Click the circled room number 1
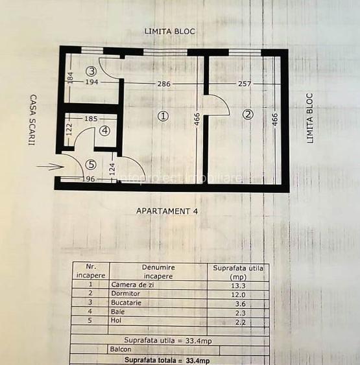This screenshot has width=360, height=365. pos(163,116)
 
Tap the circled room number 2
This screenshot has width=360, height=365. pos(247,115)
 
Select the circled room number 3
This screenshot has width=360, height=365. pos(92,71)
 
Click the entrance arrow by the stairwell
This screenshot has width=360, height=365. pos(50,167)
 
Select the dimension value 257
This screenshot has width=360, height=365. pos(244,84)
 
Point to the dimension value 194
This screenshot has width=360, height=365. pos(91,83)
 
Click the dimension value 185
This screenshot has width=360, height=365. pos(91,119)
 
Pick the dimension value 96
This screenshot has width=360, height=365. pos(86,180)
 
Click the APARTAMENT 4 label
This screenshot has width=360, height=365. pos(167,211)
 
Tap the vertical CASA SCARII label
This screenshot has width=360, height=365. pos(31,120)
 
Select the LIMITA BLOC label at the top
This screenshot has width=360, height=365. pos(169,31)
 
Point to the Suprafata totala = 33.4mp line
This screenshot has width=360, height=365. pos(167,360)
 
